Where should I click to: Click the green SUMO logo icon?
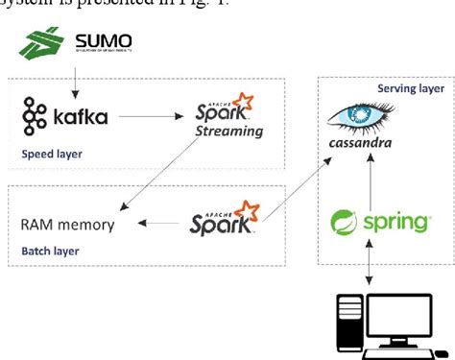[x=42, y=42]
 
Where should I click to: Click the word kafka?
[x=82, y=117]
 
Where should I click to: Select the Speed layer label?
[x=52, y=154]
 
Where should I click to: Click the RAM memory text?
[x=67, y=226]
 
